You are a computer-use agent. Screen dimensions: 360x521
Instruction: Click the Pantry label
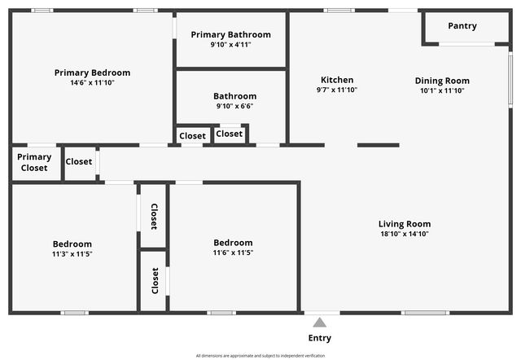pyautogui.click(x=462, y=26)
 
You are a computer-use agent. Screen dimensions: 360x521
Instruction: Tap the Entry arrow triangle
pyautogui.click(x=320, y=323)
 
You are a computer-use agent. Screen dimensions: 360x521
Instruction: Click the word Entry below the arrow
pyautogui.click(x=320, y=338)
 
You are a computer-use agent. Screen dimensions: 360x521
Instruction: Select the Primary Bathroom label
pyautogui.click(x=230, y=34)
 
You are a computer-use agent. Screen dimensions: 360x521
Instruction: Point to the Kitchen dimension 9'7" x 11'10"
pyautogui.click(x=337, y=90)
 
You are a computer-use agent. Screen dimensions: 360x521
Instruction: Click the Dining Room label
pyautogui.click(x=442, y=81)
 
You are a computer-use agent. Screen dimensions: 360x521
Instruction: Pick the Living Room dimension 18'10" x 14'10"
pyautogui.click(x=405, y=234)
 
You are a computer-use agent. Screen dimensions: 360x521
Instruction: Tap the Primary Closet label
pyautogui.click(x=34, y=162)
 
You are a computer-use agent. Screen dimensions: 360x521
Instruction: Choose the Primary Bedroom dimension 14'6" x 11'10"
pyautogui.click(x=92, y=82)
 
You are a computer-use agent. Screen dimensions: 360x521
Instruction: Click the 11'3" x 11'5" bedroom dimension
pyautogui.click(x=72, y=253)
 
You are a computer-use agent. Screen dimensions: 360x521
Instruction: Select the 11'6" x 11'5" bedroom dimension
pyautogui.click(x=233, y=252)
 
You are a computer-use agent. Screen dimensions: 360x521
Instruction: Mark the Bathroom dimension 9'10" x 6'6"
pyautogui.click(x=234, y=106)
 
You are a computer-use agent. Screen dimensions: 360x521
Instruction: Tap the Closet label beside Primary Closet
pyautogui.click(x=79, y=161)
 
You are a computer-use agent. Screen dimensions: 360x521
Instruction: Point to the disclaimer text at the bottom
pyautogui.click(x=260, y=356)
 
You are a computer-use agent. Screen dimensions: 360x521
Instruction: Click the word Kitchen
pyautogui.click(x=337, y=80)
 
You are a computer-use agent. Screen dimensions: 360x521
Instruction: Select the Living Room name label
pyautogui.click(x=405, y=224)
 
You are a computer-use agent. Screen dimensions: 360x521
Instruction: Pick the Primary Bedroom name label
pyautogui.click(x=92, y=72)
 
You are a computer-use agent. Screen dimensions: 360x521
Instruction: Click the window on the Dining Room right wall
pyautogui.click(x=510, y=78)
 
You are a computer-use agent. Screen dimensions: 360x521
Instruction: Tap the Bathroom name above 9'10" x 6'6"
pyautogui.click(x=234, y=96)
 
